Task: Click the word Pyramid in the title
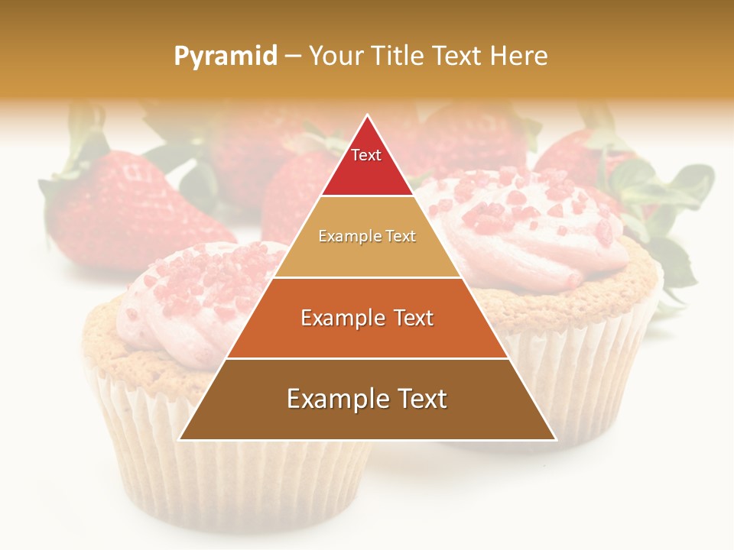pyautogui.click(x=225, y=57)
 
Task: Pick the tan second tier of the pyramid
pyautogui.click(x=367, y=237)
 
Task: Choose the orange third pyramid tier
pyautogui.click(x=367, y=318)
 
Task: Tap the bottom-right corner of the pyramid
pyautogui.click(x=554, y=439)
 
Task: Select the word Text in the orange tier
pyautogui.click(x=409, y=318)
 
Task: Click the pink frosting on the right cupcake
pyautogui.click(x=535, y=222)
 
